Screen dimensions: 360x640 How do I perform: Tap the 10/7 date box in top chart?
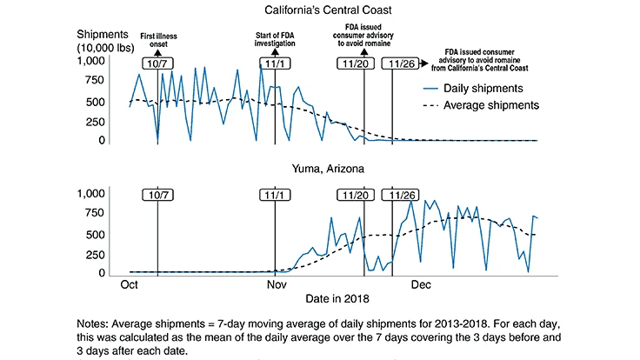pyautogui.click(x=157, y=63)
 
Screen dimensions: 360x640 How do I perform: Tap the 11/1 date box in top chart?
pyautogui.click(x=275, y=63)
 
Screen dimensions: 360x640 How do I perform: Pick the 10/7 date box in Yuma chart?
pyautogui.click(x=157, y=196)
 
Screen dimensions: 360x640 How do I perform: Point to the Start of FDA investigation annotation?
pyautogui.click(x=275, y=37)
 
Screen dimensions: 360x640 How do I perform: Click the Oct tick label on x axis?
pyautogui.click(x=130, y=283)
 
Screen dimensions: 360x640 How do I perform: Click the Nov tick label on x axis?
pyautogui.click(x=276, y=283)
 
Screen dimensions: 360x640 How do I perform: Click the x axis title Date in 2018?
pyautogui.click(x=336, y=298)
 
